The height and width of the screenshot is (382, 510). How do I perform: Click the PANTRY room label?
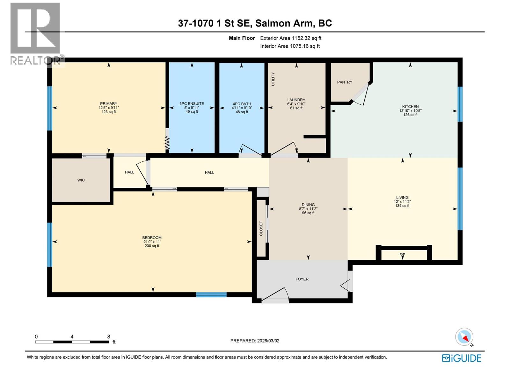[345, 82]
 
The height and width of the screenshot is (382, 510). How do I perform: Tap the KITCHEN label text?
[410, 107]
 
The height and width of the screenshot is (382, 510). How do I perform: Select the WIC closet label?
[81, 180]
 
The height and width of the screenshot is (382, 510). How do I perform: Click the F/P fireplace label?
[402, 255]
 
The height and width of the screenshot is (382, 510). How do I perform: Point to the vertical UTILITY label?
[273, 79]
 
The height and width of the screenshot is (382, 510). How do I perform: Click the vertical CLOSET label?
[261, 228]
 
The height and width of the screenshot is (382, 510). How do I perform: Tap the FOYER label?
[302, 279]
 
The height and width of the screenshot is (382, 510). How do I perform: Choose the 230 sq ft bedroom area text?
[152, 246]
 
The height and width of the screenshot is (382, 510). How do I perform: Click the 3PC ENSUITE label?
[192, 104]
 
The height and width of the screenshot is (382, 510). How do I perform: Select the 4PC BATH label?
[242, 104]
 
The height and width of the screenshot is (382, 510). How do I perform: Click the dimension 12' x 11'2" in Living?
[402, 202]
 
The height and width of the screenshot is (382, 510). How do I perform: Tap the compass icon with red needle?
[464, 337]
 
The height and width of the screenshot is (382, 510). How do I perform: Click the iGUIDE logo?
[462, 358]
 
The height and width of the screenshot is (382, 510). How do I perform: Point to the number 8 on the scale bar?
[109, 336]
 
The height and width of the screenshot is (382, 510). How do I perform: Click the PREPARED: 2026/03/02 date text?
[255, 341]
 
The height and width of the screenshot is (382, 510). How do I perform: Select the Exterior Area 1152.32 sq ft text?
[291, 38]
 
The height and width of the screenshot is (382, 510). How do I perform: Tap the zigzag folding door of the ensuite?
[167, 143]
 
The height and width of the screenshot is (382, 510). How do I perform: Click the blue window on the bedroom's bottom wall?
[211, 295]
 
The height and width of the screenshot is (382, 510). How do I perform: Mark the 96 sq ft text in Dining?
[308, 213]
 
